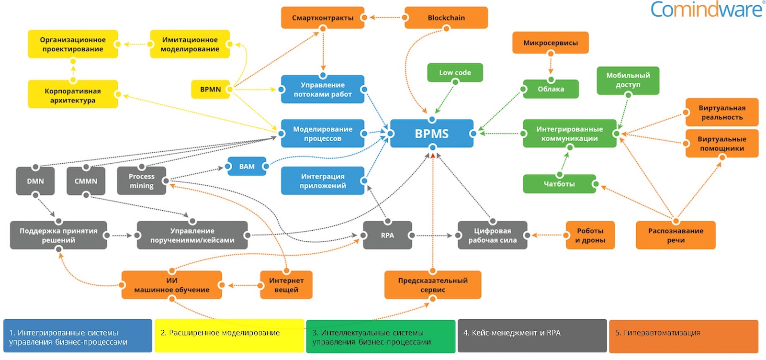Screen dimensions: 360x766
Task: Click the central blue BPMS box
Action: [x=431, y=134]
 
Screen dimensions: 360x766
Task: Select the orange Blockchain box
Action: [x=446, y=18]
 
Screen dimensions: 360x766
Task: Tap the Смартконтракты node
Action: [x=323, y=18]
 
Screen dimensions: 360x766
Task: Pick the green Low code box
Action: [x=455, y=73]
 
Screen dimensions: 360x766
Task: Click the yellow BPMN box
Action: [x=211, y=90]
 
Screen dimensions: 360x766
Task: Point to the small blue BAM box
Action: [x=247, y=167]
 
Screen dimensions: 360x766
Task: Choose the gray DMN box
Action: [x=35, y=181]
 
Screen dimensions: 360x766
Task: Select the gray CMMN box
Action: [x=86, y=181]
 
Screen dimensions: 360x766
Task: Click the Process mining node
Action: [x=141, y=181]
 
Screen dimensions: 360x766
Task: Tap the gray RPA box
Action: [x=387, y=235]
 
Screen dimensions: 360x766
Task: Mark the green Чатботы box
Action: [x=559, y=184]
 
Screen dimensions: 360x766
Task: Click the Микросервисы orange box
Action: [x=550, y=43]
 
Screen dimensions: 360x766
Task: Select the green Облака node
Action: [x=551, y=89]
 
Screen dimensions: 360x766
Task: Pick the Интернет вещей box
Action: [x=286, y=285]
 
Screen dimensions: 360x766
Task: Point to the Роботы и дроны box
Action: [x=590, y=235]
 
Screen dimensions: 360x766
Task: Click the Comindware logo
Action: [x=706, y=10]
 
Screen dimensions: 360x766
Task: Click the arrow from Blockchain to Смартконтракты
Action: [x=385, y=18]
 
